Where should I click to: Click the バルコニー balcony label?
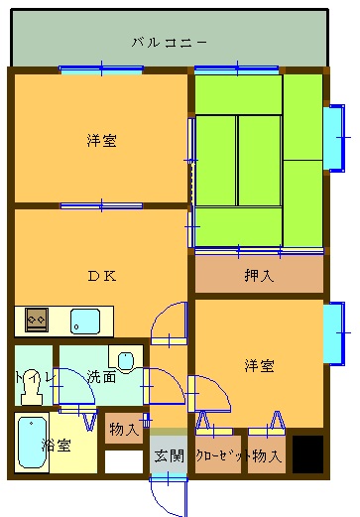tap(170, 43)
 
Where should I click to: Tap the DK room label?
tap(102, 276)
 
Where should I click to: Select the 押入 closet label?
tap(259, 276)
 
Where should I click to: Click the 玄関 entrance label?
tap(169, 456)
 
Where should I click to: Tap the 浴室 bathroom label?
tap(57, 446)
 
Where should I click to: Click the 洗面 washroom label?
tap(101, 376)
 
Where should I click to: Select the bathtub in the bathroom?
tap(32, 443)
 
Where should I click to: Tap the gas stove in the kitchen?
tap(37, 320)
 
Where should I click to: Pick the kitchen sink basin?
tap(85, 321)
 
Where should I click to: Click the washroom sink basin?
tap(126, 361)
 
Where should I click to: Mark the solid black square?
tap(307, 453)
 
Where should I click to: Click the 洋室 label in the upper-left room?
tap(102, 140)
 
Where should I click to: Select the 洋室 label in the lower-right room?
tap(259, 365)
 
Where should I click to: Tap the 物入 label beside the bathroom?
tap(124, 429)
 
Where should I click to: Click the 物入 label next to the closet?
tap(267, 456)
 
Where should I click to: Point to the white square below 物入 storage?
tap(124, 461)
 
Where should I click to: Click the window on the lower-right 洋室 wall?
tap(333, 332)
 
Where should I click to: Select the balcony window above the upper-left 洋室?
tap(101, 69)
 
